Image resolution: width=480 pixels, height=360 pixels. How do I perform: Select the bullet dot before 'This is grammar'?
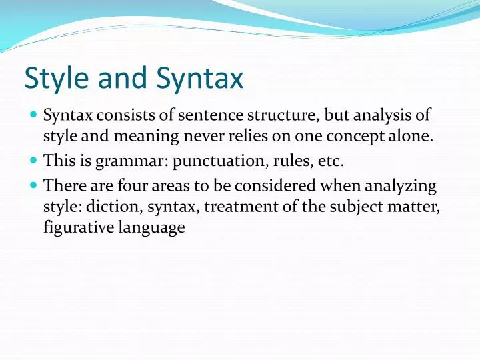coord(33,160)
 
